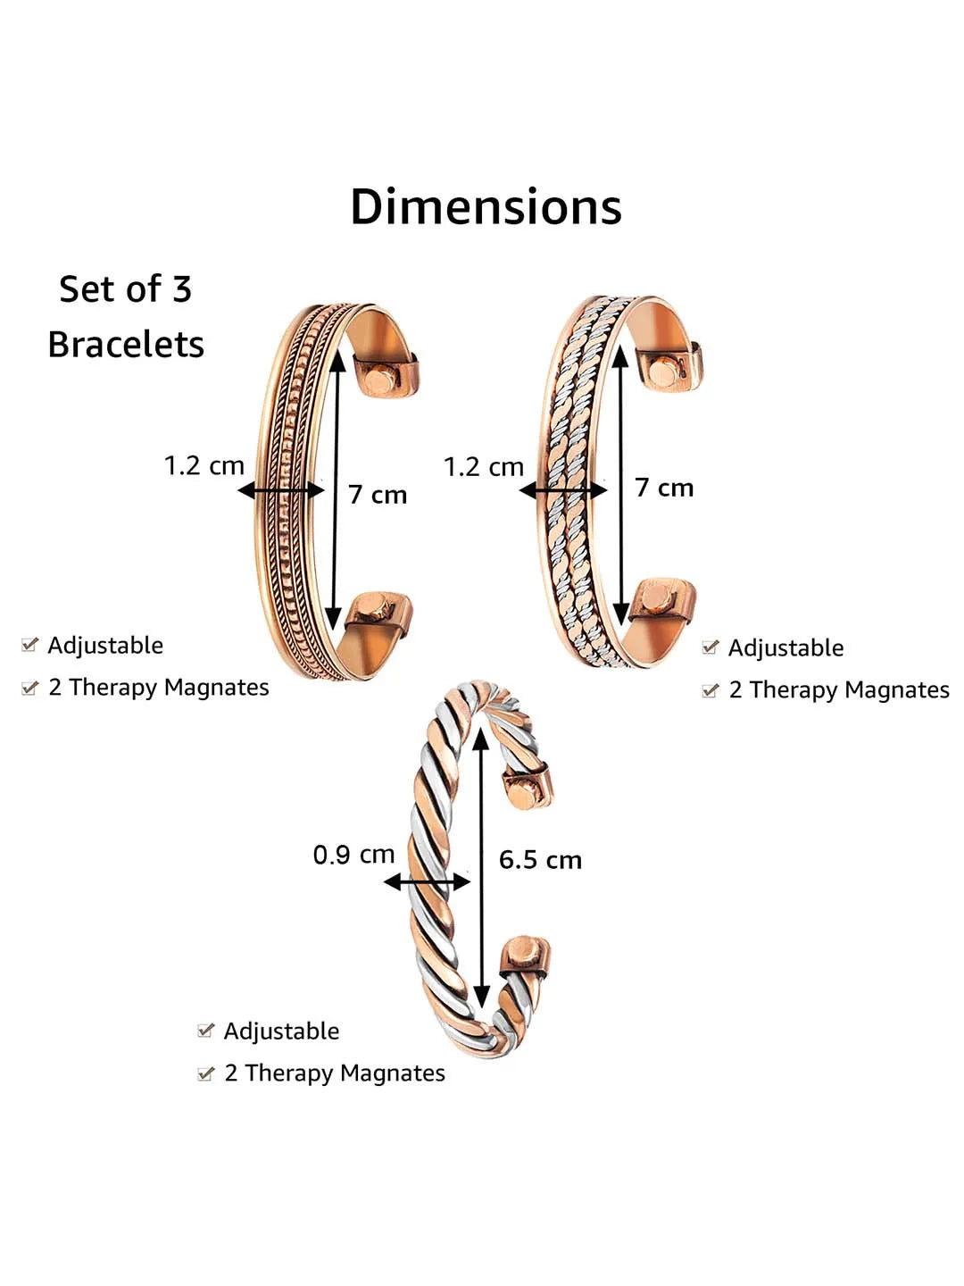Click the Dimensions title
(486, 207)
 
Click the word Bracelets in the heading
(126, 345)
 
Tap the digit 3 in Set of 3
(181, 289)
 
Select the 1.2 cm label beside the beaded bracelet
(204, 465)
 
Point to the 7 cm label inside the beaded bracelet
(378, 495)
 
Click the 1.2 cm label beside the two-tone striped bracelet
(483, 466)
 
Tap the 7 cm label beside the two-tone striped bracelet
(664, 488)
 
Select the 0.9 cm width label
(353, 855)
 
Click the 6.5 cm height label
(540, 860)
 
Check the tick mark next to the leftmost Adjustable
(30, 645)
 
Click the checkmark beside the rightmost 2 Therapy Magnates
(711, 690)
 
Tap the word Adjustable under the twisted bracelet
(281, 1031)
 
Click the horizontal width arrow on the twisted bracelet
(427, 882)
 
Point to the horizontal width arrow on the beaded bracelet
(281, 490)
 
